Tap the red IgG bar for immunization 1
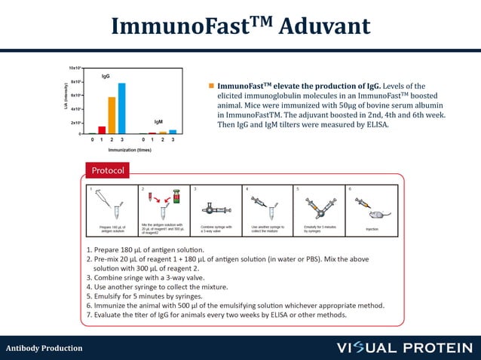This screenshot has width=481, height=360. coord(102,130)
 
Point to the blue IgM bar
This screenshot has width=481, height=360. coord(173,132)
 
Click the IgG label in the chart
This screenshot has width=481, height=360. coord(106,77)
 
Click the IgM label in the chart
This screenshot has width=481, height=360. coord(158,121)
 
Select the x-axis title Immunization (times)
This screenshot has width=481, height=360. coord(132,150)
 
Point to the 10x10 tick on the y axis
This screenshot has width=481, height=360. coord(75,68)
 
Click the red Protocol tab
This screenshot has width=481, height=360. coord(108,169)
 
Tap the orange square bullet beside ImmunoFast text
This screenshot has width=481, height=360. coord(212,86)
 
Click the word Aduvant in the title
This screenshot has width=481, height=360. coord(325,26)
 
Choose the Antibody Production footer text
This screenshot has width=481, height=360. coord(44,348)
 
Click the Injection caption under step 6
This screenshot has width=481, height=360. coord(372,228)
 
